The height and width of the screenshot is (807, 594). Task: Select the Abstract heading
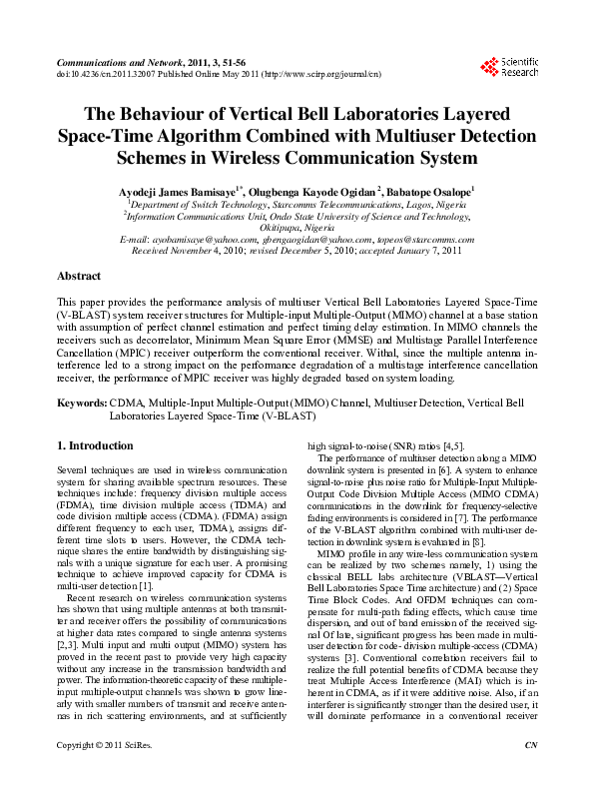click(79, 275)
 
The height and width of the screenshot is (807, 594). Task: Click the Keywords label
click(81, 403)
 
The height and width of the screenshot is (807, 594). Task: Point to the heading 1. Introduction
click(95, 445)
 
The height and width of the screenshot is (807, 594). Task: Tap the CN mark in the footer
click(530, 773)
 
